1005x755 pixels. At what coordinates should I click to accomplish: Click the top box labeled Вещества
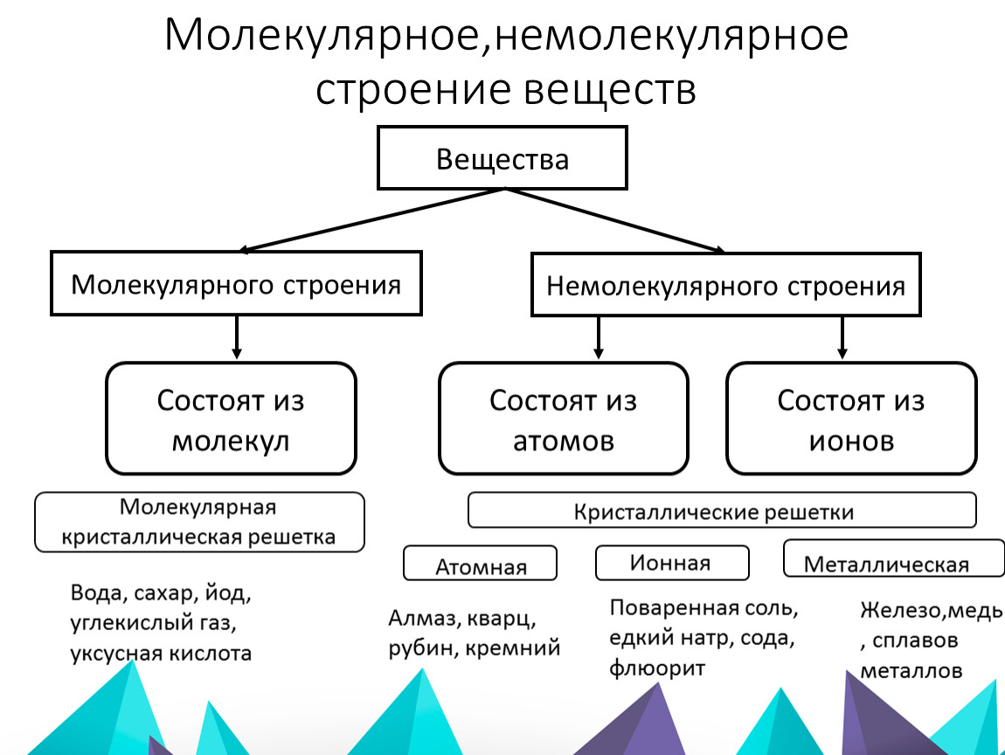502,158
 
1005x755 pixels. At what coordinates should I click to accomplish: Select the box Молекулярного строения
236,283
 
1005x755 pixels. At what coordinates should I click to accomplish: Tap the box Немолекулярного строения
725,284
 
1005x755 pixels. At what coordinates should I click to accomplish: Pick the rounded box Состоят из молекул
231,419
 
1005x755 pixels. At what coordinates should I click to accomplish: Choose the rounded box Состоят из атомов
563,419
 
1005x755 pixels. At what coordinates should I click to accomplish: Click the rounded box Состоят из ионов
850,419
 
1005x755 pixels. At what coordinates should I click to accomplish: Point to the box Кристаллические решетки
721,510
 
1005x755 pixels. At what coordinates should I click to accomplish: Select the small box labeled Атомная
480,565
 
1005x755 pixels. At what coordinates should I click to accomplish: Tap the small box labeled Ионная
671,562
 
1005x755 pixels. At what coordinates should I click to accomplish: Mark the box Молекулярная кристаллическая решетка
198,522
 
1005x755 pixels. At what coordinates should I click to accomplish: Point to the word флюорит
656,668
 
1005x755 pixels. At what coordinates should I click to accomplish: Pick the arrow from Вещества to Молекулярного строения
367,220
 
